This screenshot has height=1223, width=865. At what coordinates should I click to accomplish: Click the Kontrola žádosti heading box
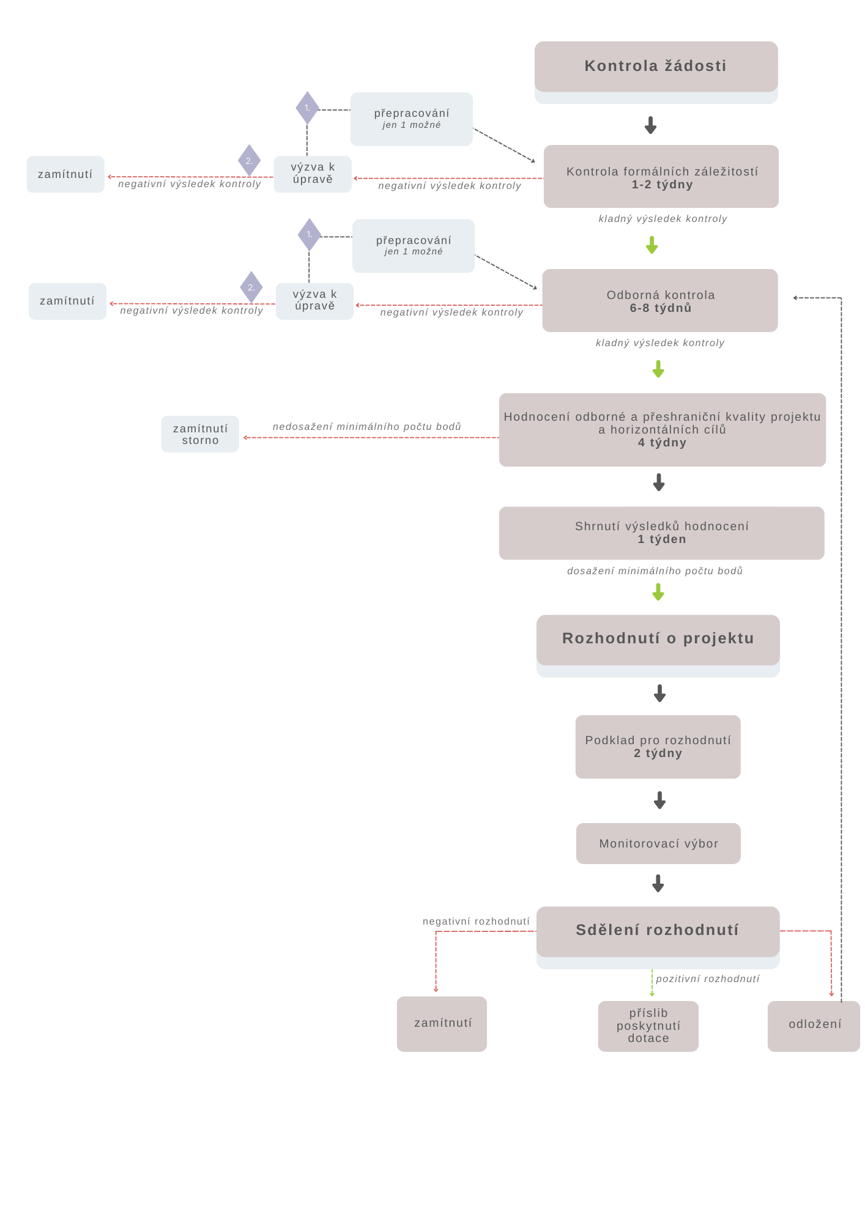[656, 67]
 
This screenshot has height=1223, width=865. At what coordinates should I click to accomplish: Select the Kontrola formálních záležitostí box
[661, 177]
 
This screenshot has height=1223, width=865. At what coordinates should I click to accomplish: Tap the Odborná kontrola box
[659, 301]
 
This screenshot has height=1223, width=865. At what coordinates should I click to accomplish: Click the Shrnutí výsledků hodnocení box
[661, 533]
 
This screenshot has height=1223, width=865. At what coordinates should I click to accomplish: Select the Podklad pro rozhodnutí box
[658, 747]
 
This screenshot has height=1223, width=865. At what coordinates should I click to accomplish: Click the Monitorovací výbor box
[658, 843]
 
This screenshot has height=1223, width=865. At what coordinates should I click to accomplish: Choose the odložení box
[814, 1026]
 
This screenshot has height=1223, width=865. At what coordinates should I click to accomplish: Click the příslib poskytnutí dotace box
[648, 1026]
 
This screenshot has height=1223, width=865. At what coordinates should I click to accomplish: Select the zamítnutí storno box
[200, 434]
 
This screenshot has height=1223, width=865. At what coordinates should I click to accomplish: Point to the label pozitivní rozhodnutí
[708, 979]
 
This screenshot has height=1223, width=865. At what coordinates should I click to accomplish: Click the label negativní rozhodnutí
[476, 922]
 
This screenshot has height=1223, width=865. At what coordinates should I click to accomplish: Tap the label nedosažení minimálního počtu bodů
[367, 426]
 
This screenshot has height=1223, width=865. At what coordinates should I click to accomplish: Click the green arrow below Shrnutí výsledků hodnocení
[658, 592]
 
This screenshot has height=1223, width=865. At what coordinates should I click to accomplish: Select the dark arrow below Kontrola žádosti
[650, 125]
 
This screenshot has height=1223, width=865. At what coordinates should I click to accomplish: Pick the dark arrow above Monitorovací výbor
[659, 800]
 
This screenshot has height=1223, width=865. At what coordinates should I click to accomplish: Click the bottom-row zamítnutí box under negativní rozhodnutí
[442, 1024]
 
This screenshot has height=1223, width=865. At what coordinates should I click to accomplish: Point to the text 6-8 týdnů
[661, 308]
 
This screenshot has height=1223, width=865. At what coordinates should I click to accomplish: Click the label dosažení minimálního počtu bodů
[655, 571]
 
